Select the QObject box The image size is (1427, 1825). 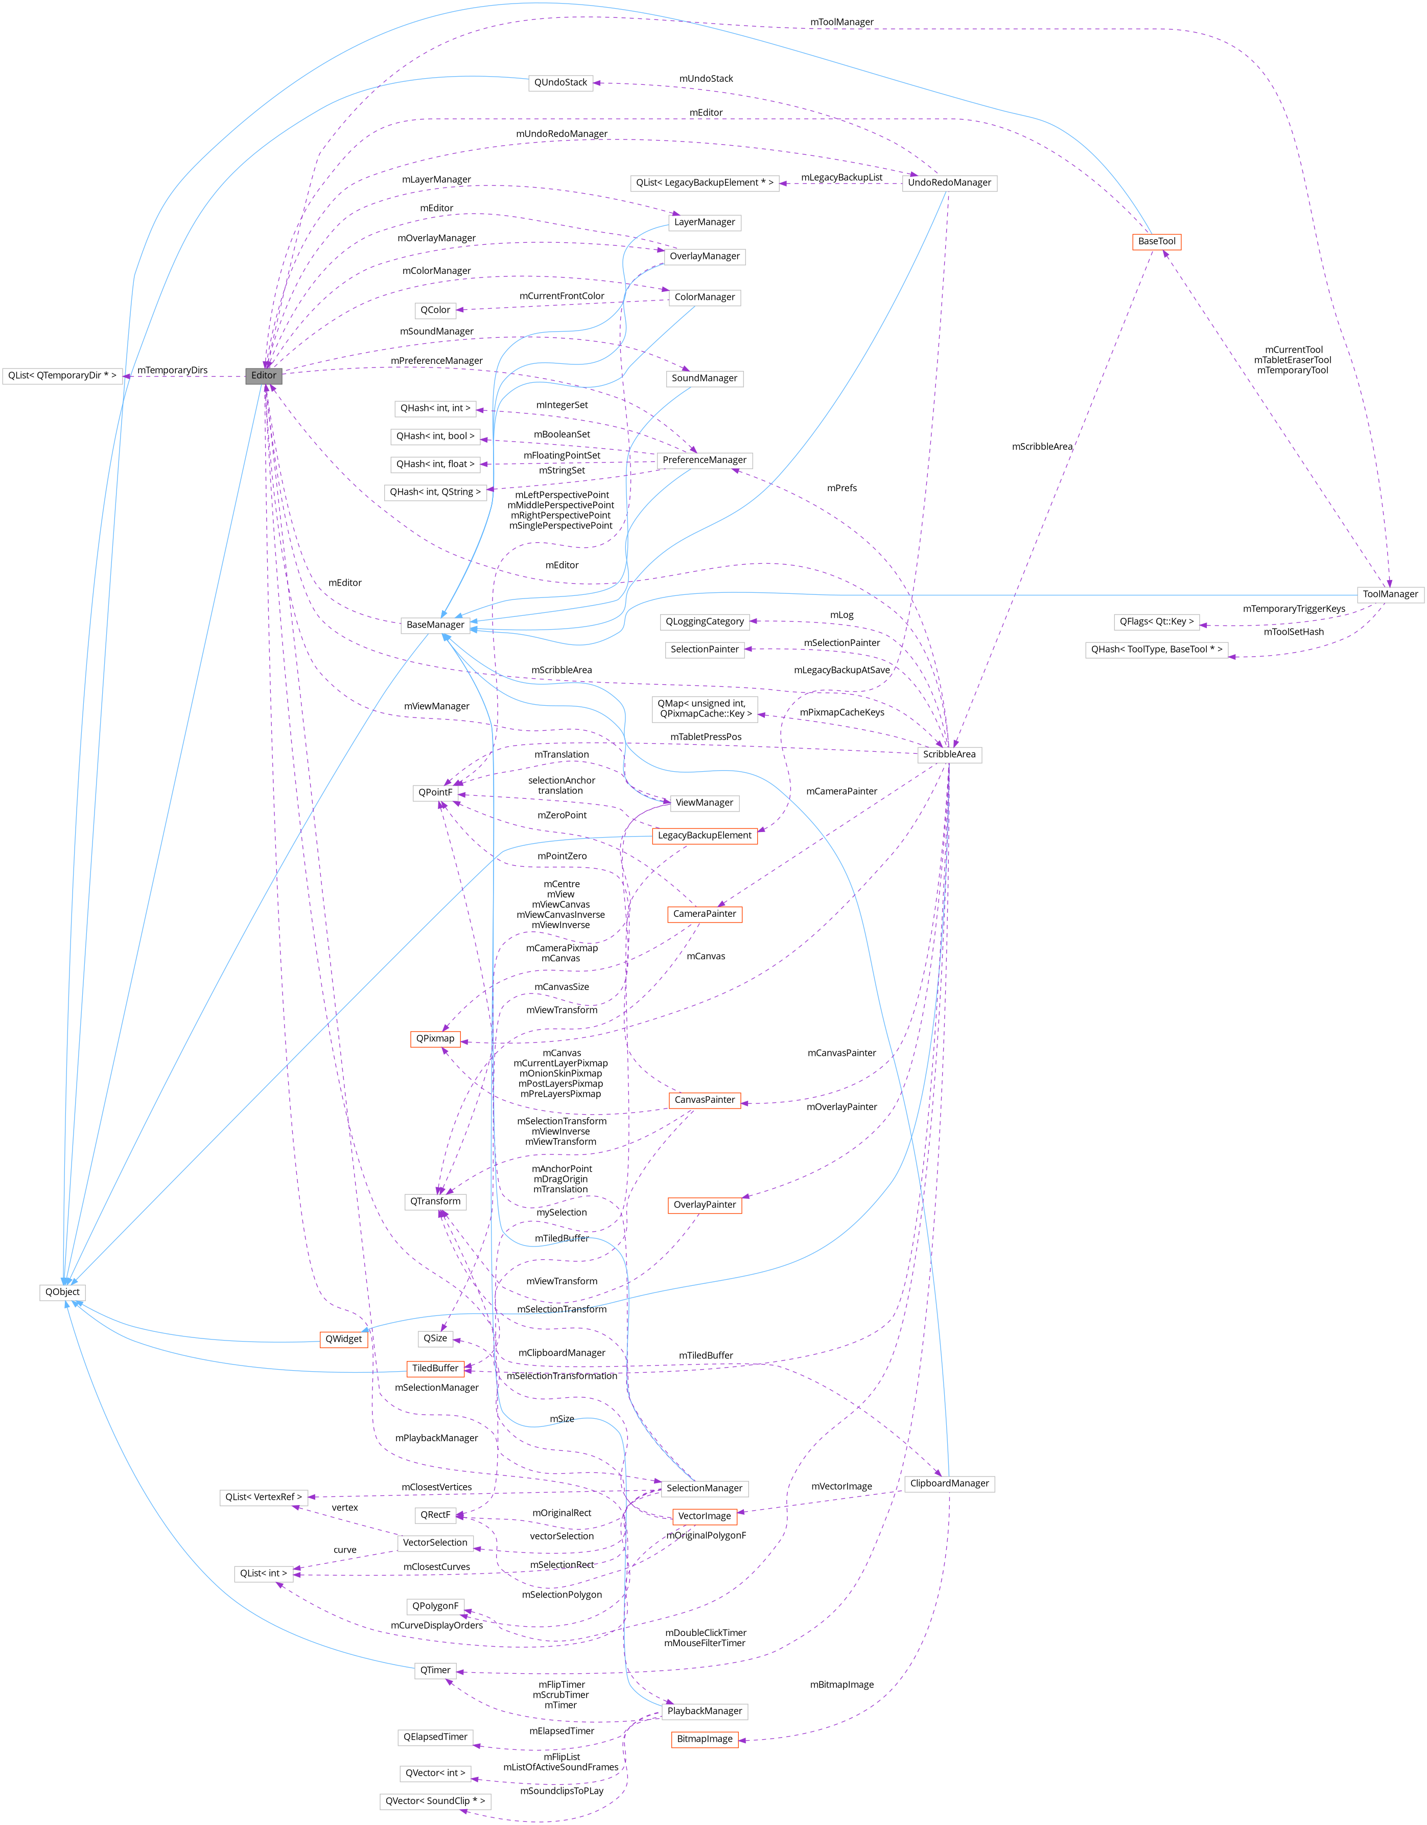point(63,1292)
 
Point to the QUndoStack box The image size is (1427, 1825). point(560,83)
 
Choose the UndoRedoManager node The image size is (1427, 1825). point(949,183)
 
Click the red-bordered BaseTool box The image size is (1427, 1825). point(1156,242)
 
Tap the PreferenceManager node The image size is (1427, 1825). point(705,460)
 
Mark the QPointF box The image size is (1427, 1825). point(435,792)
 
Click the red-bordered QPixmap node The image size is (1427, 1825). point(435,1038)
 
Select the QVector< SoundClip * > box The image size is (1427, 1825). point(435,1801)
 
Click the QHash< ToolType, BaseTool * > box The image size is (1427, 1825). point(1156,649)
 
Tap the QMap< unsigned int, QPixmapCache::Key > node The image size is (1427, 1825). point(705,709)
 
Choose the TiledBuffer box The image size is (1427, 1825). point(435,1368)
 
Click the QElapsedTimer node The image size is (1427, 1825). point(435,1737)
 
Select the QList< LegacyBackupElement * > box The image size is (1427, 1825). point(705,183)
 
